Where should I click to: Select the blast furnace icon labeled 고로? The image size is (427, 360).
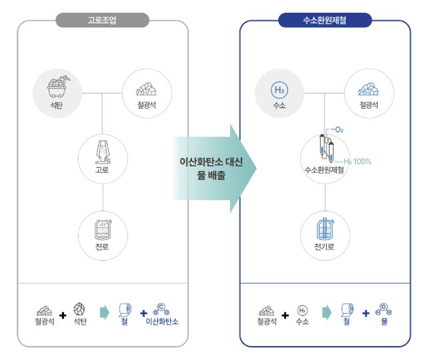point(102,151)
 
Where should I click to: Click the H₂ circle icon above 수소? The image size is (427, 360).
point(280,89)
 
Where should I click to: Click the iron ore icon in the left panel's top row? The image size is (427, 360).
point(147,88)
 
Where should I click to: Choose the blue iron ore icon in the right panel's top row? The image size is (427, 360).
point(369,88)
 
